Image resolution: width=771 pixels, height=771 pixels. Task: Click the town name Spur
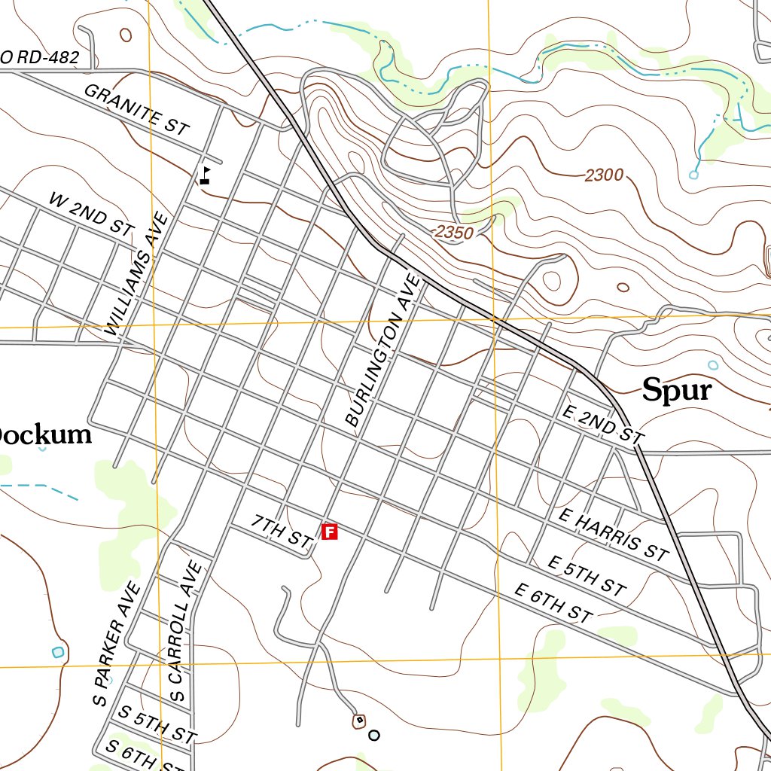(x=676, y=390)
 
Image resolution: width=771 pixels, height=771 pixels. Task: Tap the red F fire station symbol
(x=329, y=532)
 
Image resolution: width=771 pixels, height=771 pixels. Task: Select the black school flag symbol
(x=205, y=175)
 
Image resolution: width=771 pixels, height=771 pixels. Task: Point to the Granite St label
(x=136, y=110)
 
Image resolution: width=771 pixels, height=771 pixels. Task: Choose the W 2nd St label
(x=91, y=215)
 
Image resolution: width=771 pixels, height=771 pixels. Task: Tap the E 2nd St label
(x=604, y=425)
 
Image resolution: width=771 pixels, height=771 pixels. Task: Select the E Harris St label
(x=614, y=535)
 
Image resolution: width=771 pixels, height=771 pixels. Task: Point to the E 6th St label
(x=553, y=602)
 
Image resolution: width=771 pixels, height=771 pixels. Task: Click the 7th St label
(x=281, y=531)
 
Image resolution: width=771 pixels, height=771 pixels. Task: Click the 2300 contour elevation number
(x=604, y=175)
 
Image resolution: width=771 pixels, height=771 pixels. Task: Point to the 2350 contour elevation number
(x=454, y=233)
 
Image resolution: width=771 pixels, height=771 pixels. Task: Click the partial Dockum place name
(x=45, y=435)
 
